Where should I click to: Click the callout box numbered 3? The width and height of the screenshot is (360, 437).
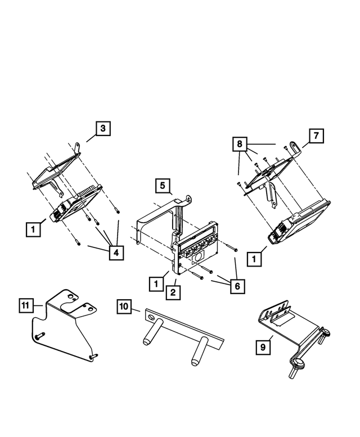click(102, 129)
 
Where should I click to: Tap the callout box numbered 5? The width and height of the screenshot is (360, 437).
click(161, 185)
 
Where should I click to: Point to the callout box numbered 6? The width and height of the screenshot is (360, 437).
click(237, 286)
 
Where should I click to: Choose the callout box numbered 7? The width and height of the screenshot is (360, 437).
click(316, 136)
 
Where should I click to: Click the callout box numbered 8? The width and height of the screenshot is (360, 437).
click(241, 144)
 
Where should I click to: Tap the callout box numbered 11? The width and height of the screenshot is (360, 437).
click(24, 305)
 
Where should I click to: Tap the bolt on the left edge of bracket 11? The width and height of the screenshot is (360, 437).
click(39, 335)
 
